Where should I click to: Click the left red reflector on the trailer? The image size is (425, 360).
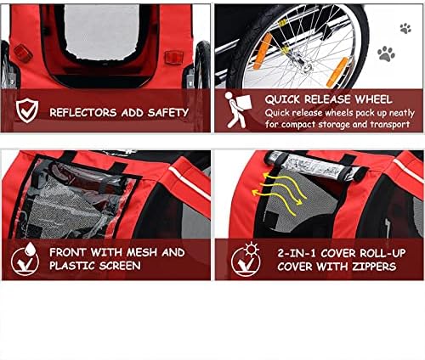click(23, 53)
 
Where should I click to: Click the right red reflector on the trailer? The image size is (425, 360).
click(174, 58)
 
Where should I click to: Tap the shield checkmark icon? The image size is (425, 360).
click(27, 110)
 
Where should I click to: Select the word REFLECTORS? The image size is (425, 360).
click(83, 113)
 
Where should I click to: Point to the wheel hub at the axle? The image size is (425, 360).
click(306, 67)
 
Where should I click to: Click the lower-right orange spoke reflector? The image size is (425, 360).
click(337, 72)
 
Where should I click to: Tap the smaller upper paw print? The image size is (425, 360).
click(405, 28)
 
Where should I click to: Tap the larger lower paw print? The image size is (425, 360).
click(386, 54)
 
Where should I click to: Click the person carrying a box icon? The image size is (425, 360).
click(237, 110)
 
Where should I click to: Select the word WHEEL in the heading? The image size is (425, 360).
click(373, 99)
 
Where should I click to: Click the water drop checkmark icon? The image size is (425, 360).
click(25, 259)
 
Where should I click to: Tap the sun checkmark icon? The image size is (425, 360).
click(246, 260)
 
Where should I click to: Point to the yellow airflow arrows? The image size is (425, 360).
click(280, 191)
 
